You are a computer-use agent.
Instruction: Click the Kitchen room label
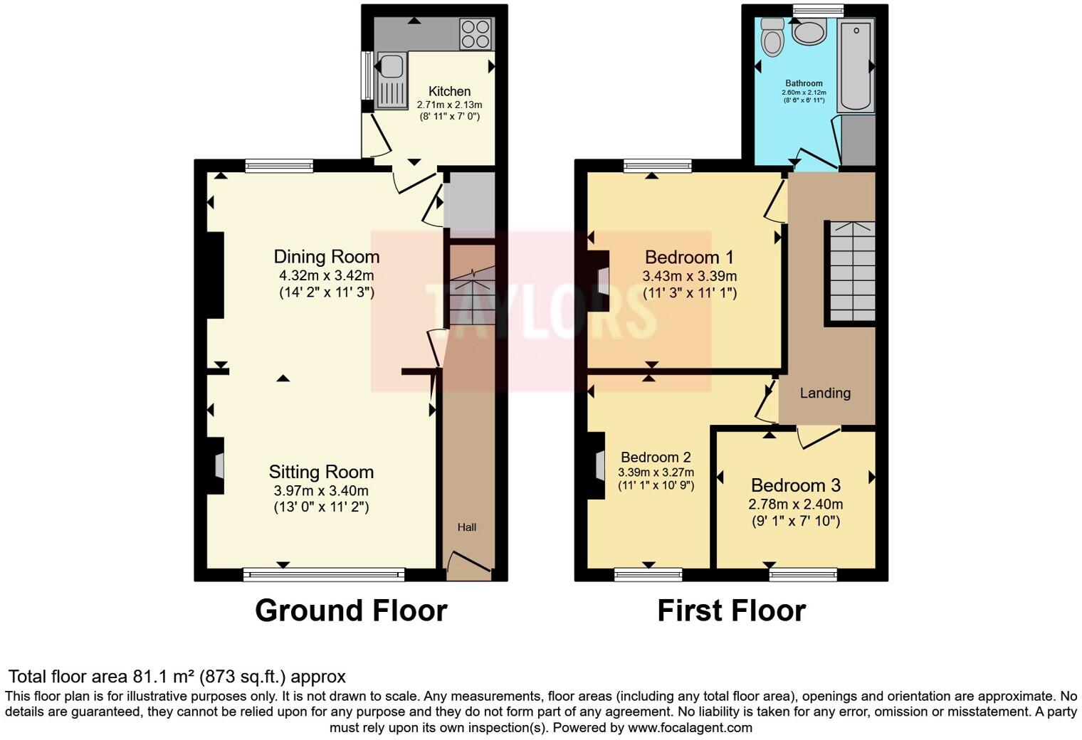(449, 91)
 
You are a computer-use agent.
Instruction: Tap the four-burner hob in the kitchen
(475, 33)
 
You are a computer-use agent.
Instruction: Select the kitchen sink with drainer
(391, 80)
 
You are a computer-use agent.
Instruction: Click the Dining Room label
(327, 256)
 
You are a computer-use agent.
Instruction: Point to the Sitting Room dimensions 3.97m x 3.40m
(321, 491)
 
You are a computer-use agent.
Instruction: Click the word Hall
(467, 527)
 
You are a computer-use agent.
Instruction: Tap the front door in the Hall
(468, 562)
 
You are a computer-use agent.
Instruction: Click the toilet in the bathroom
(771, 36)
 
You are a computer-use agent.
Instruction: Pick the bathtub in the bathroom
(856, 65)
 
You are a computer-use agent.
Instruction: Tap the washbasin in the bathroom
(809, 32)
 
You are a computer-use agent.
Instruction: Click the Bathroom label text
(804, 83)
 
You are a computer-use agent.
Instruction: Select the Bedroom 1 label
(689, 257)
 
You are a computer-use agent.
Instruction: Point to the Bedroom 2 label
(656, 458)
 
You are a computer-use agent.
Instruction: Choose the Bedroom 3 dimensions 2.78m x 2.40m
(795, 504)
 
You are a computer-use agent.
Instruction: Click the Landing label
(825, 393)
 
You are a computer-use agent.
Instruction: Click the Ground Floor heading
(351, 610)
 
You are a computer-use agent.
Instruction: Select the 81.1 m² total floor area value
(164, 677)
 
